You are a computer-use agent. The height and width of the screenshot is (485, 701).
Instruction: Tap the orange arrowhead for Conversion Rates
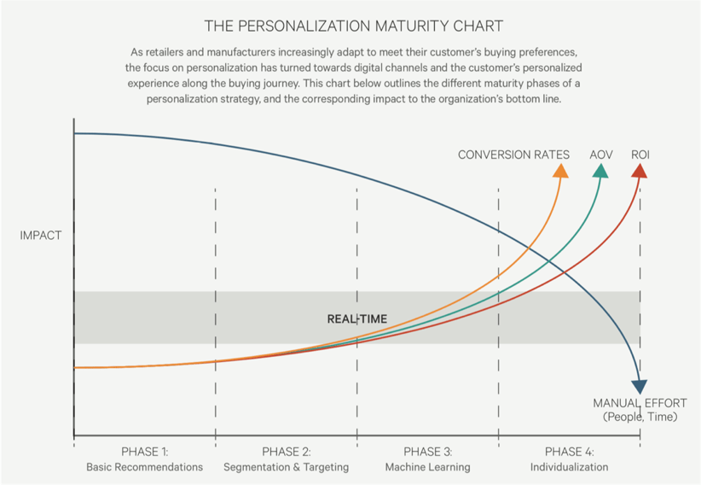pyautogui.click(x=560, y=171)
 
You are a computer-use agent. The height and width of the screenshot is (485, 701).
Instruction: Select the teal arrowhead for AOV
pyautogui.click(x=600, y=171)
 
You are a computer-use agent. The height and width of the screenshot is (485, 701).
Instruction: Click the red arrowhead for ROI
pyautogui.click(x=640, y=171)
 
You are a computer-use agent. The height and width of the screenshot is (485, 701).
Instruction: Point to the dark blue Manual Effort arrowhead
pyautogui.click(x=640, y=387)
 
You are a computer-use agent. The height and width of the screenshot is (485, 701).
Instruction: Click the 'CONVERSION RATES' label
pyautogui.click(x=513, y=155)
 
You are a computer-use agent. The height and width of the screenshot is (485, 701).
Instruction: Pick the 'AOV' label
pyautogui.click(x=600, y=155)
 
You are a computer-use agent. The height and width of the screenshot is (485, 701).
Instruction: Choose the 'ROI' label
pyautogui.click(x=640, y=155)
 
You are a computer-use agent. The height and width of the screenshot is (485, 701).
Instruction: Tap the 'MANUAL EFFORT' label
pyautogui.click(x=640, y=403)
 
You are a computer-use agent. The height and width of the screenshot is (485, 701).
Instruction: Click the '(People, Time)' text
pyautogui.click(x=640, y=417)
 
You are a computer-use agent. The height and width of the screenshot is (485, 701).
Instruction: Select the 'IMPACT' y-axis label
pyautogui.click(x=41, y=236)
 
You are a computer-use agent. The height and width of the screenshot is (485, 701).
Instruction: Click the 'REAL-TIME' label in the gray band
pyautogui.click(x=356, y=319)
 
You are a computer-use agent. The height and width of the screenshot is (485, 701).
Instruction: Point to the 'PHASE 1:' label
pyautogui.click(x=144, y=452)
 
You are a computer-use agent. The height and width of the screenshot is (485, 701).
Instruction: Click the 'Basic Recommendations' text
pyautogui.click(x=144, y=467)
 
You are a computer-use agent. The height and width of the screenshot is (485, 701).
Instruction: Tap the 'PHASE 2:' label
pyautogui.click(x=286, y=452)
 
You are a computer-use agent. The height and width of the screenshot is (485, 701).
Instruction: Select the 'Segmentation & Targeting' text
pyautogui.click(x=286, y=467)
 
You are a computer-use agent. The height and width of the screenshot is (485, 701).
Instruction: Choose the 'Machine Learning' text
pyautogui.click(x=427, y=467)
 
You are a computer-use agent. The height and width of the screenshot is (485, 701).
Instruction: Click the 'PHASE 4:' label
pyautogui.click(x=569, y=452)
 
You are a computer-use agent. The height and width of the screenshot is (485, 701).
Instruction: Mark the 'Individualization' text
pyautogui.click(x=569, y=467)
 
